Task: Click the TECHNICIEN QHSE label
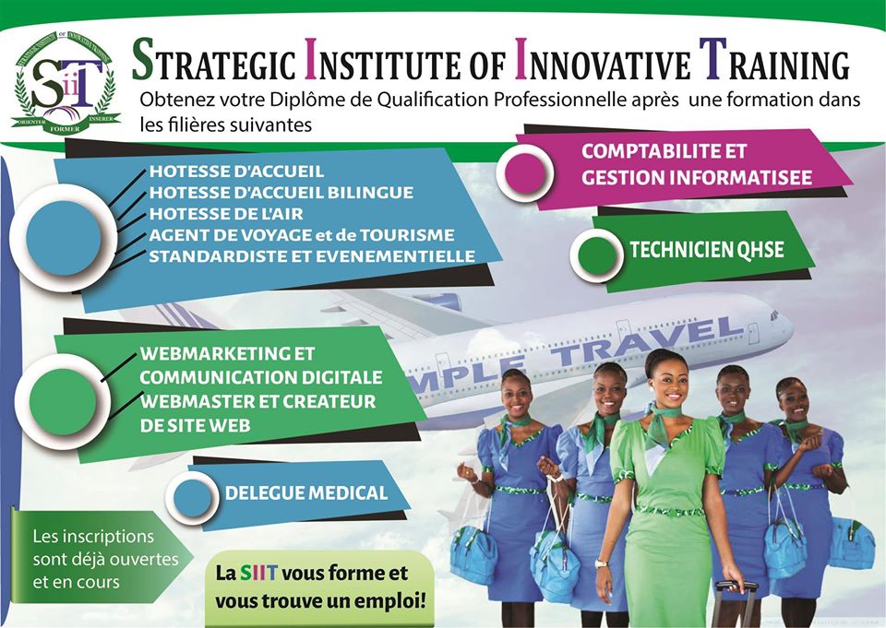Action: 706,249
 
